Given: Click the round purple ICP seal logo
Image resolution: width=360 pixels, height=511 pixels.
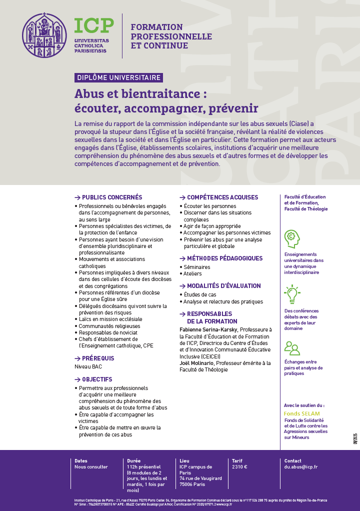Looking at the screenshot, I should [x=44, y=35].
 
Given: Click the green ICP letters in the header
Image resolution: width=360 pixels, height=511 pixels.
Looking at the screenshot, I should [x=94, y=26].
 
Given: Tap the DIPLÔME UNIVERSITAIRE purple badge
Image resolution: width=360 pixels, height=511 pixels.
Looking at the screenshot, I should [x=119, y=77].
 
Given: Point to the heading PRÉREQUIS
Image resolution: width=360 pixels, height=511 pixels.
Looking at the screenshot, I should [x=98, y=358].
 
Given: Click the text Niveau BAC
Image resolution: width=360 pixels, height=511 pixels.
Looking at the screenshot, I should [x=87, y=367].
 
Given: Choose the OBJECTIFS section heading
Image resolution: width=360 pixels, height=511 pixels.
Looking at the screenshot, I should [x=97, y=379].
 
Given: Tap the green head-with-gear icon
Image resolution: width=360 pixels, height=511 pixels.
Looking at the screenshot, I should [x=292, y=238].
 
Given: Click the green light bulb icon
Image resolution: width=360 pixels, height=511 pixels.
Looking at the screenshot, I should [x=291, y=294].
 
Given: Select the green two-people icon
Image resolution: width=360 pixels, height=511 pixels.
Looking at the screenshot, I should [x=291, y=348].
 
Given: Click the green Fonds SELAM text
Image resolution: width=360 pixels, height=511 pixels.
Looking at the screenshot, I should [x=301, y=414].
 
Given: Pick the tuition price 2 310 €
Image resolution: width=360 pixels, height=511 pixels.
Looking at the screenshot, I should [x=239, y=467].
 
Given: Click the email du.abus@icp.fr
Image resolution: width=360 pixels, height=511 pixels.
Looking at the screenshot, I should [x=301, y=467].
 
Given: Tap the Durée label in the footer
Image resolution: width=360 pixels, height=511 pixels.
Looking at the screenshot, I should [x=134, y=461].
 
